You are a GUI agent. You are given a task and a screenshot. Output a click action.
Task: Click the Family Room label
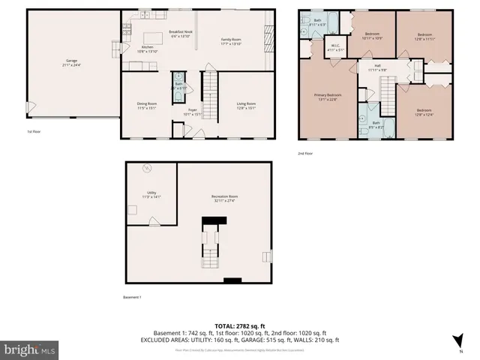pyautogui.click(x=230, y=40)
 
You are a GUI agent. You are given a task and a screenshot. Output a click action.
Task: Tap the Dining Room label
pyautogui.click(x=146, y=105)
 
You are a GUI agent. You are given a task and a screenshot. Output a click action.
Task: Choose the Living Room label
pyautogui.click(x=246, y=105)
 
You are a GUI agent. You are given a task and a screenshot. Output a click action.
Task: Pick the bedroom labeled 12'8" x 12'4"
pyautogui.click(x=426, y=112)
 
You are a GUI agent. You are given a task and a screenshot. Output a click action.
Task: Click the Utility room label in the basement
pyautogui.click(x=151, y=194)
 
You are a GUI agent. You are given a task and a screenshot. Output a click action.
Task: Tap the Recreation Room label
pyautogui.click(x=223, y=199)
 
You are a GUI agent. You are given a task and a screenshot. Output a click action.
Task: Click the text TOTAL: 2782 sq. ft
pyautogui.click(x=239, y=325)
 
